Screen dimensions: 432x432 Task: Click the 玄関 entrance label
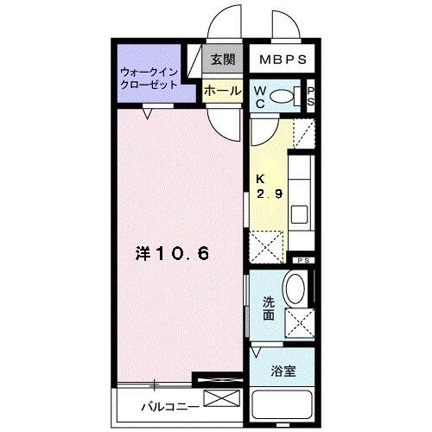click(x=222, y=60)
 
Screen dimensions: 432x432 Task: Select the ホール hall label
click(x=222, y=89)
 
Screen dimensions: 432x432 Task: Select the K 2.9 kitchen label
click(x=269, y=187)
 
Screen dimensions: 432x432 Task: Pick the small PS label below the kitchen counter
click(x=303, y=261)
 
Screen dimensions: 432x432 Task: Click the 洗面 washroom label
click(x=269, y=308)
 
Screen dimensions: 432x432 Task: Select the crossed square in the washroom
click(x=299, y=325)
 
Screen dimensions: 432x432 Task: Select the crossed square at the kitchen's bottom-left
click(x=265, y=246)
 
